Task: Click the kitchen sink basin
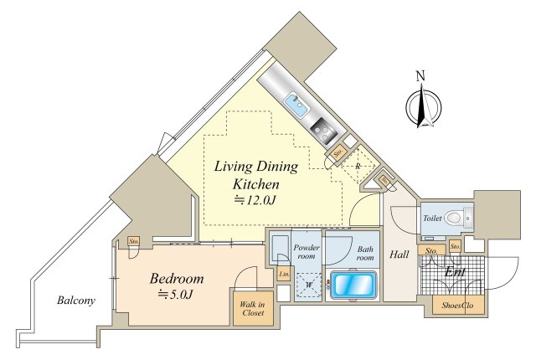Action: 296,105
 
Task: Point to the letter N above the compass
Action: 420,76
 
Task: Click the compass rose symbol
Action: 424,107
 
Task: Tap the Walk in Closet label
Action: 252,308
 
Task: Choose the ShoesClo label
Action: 457,305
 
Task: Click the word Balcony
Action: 76,301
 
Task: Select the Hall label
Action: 399,255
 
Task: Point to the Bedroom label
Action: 177,279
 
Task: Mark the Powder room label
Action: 307,251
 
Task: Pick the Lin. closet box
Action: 284,274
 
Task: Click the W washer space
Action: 309,285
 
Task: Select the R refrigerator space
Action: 358,167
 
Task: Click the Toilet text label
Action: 432,218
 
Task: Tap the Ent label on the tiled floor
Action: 455,272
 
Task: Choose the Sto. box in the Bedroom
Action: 134,241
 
